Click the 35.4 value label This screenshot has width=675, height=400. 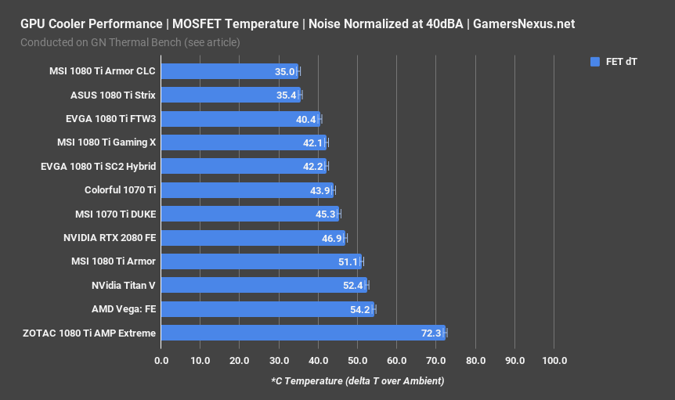(287, 95)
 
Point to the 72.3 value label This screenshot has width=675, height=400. (431, 333)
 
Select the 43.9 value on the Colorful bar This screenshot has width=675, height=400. (320, 191)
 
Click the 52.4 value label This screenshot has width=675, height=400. (353, 286)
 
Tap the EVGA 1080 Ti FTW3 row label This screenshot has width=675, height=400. (110, 119)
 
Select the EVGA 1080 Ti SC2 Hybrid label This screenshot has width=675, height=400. (98, 167)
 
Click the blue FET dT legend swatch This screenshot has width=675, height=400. (595, 61)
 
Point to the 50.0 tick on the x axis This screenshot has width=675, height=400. (357, 360)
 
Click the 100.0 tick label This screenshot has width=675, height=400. (554, 360)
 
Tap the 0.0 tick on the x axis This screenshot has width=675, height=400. (161, 360)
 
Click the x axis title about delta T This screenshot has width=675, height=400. (357, 381)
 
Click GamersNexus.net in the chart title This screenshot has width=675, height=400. (525, 23)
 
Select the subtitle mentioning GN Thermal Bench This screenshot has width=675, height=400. (130, 41)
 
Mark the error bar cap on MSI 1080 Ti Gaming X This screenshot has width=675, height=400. (327, 143)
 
